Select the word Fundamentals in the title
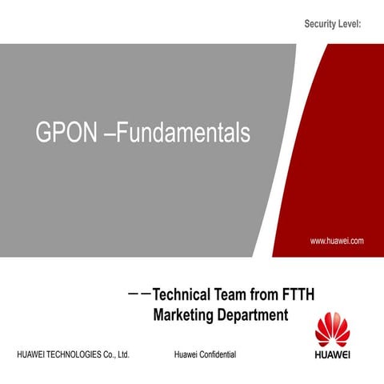(x=183, y=134)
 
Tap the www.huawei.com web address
(x=338, y=240)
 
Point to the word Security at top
(x=320, y=26)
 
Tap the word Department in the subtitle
(x=251, y=315)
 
